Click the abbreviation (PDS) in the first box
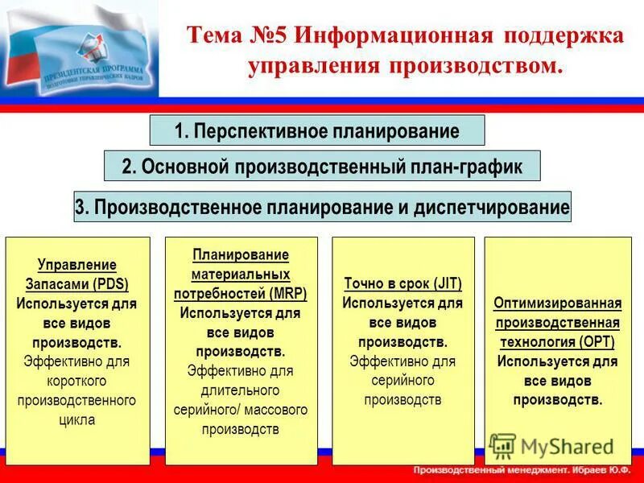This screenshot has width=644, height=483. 110,284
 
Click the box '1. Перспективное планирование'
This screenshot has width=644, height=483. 317,130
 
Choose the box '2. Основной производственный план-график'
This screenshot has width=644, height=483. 322,167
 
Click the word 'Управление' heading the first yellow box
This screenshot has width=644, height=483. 77,265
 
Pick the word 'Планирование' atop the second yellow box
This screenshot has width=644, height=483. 241,255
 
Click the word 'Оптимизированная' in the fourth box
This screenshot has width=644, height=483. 558,303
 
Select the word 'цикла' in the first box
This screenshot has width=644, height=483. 77,419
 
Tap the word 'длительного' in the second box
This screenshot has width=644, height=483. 241,390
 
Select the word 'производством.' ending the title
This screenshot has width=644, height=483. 482,64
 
